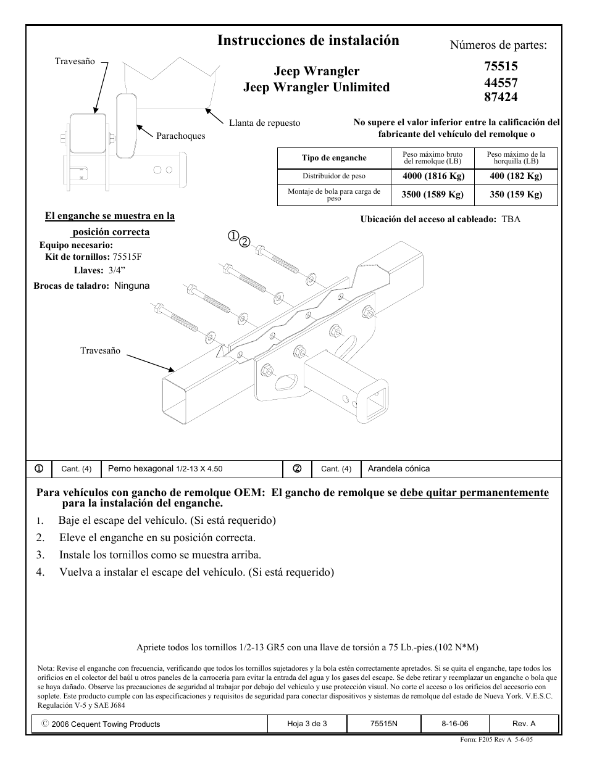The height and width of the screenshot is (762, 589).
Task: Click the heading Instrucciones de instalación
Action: coord(308,41)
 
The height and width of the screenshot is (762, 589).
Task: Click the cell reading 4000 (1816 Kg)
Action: coord(433,176)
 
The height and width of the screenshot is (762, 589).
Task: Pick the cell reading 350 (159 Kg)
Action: coord(516,194)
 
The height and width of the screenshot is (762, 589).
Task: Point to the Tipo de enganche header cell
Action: coord(334,158)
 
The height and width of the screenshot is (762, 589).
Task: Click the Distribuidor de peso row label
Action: coord(334,176)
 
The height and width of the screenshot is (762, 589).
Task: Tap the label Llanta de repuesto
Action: coord(264,123)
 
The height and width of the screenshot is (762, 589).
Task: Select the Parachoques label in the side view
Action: coord(180,136)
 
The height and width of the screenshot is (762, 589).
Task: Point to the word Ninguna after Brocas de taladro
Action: coord(132,286)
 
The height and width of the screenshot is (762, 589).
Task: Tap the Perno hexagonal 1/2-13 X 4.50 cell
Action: coord(165,469)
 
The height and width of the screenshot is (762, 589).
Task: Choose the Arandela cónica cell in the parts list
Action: coord(399,469)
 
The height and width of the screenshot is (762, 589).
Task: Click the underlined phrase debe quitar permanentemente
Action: coord(474,492)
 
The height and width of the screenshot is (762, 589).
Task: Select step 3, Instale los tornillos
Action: coord(160,555)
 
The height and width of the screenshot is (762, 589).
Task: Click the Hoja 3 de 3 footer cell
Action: coord(307,724)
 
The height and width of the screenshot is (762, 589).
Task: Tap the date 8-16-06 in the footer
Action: coord(454,724)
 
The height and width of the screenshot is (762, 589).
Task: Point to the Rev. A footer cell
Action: coord(524,724)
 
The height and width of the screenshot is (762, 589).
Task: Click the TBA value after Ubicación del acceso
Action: coord(511,219)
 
